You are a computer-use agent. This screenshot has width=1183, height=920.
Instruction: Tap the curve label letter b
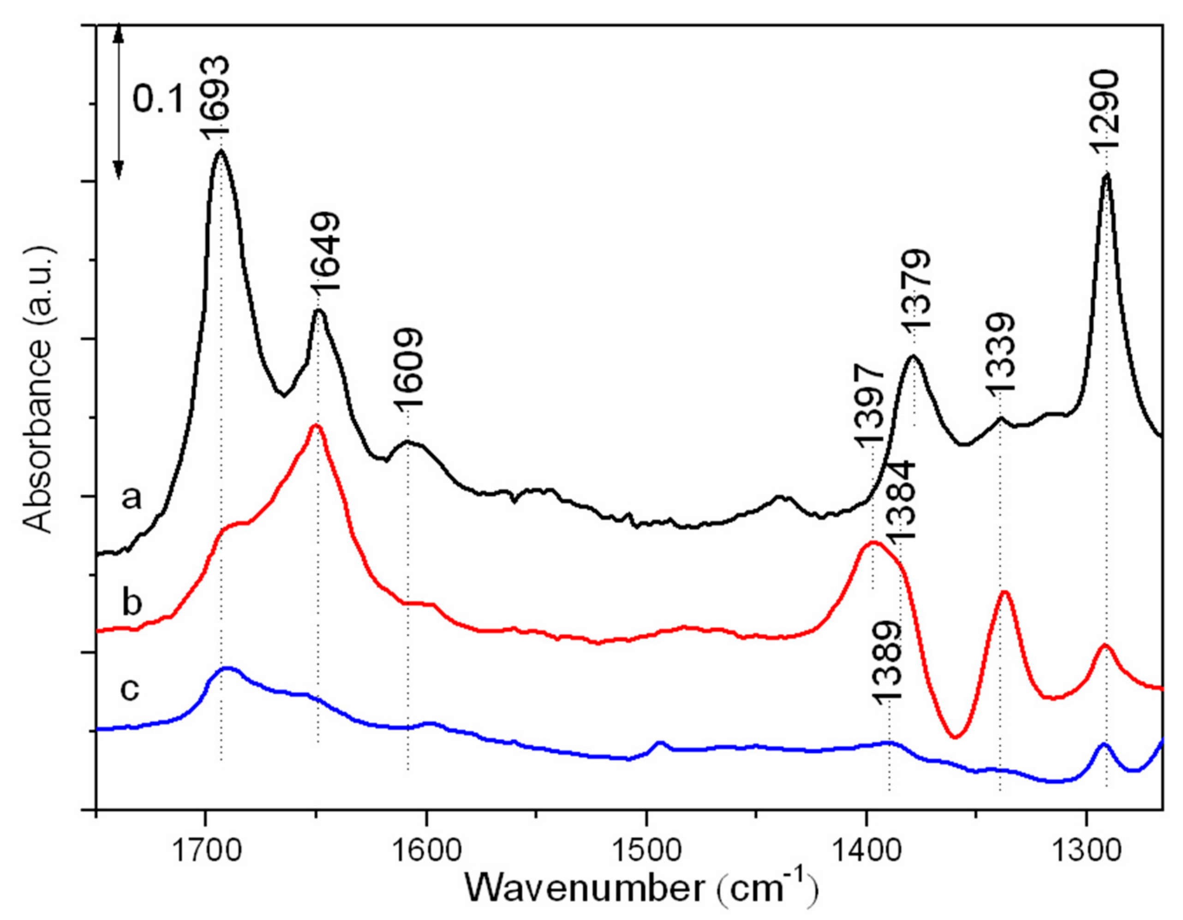coord(131,602)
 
